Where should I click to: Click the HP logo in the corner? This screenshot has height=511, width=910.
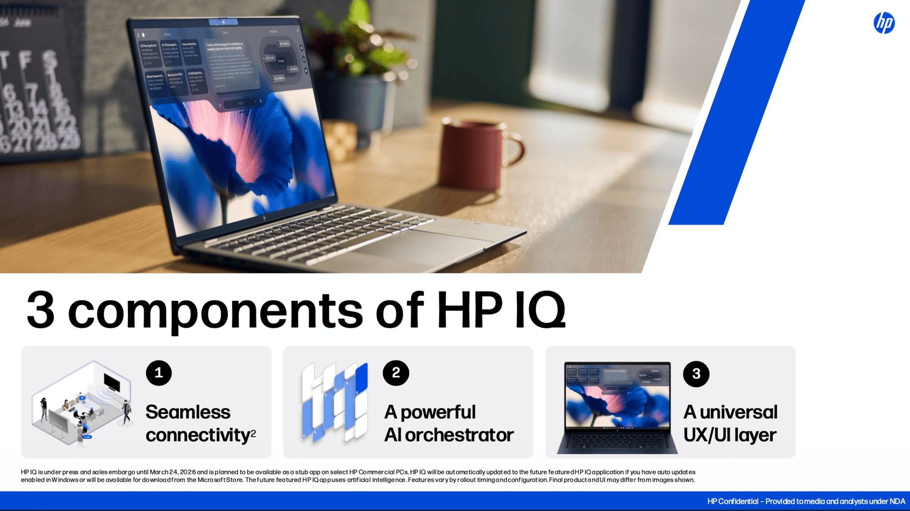tap(884, 23)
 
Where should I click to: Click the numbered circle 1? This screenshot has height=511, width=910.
tap(159, 373)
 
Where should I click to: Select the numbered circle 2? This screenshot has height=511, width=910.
tap(396, 373)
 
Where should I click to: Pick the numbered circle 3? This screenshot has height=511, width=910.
tap(696, 374)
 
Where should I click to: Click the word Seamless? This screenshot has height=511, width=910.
tap(188, 412)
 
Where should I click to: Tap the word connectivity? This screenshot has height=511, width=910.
tap(198, 435)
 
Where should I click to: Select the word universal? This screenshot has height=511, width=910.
tap(738, 412)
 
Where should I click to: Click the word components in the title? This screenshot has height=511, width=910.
tap(215, 311)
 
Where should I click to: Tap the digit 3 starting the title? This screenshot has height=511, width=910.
tap(41, 310)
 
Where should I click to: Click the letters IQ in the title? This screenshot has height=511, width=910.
tap(540, 310)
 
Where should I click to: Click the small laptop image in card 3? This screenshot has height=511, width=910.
tap(617, 407)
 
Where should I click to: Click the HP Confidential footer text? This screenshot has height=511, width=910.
tap(806, 501)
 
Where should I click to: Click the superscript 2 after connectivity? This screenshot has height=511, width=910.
tap(254, 432)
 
